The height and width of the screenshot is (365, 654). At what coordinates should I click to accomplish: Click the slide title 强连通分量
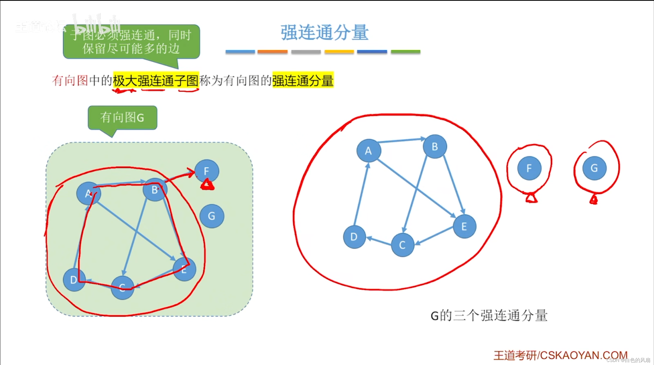pyautogui.click(x=324, y=32)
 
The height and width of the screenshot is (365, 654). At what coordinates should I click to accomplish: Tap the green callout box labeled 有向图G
pyautogui.click(x=122, y=118)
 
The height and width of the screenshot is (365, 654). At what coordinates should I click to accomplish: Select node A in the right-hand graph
pyautogui.click(x=368, y=151)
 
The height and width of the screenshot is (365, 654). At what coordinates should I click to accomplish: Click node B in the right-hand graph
pyautogui.click(x=435, y=147)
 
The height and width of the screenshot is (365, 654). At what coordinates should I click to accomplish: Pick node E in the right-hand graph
pyautogui.click(x=464, y=226)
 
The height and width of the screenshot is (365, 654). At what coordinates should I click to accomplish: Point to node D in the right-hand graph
pyautogui.click(x=354, y=237)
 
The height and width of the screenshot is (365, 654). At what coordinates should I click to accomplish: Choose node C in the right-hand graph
pyautogui.click(x=402, y=245)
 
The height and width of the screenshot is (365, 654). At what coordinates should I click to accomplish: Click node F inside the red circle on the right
pyautogui.click(x=529, y=168)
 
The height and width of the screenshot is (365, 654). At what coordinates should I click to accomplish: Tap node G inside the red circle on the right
pyautogui.click(x=594, y=168)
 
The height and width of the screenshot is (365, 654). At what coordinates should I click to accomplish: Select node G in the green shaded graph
pyautogui.click(x=212, y=216)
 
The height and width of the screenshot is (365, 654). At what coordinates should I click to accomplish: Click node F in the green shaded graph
pyautogui.click(x=207, y=171)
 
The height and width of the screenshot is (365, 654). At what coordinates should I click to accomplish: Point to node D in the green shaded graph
pyautogui.click(x=74, y=280)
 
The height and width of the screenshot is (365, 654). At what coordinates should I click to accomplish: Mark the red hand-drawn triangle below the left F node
pyautogui.click(x=207, y=185)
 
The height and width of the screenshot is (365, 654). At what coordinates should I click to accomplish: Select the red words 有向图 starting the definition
pyautogui.click(x=70, y=81)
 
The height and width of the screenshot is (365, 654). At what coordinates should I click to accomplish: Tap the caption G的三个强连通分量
pyautogui.click(x=489, y=315)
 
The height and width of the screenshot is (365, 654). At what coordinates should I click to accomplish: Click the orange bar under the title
pyautogui.click(x=272, y=52)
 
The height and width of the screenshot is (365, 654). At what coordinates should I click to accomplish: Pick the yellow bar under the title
pyautogui.click(x=339, y=52)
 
